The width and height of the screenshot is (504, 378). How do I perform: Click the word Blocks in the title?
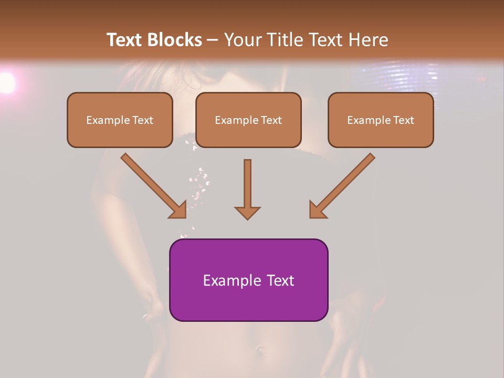[x=176, y=40]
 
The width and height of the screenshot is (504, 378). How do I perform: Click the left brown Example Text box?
[x=120, y=120]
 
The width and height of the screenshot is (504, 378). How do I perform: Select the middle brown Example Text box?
[x=248, y=120]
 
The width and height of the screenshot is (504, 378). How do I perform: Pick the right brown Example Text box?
[x=381, y=120]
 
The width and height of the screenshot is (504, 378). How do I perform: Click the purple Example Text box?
[x=248, y=280]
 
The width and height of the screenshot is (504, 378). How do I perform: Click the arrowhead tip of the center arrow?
[x=247, y=217]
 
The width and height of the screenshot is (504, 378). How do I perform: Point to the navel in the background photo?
[x=260, y=349]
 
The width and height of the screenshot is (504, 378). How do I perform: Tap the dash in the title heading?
[x=213, y=40]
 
